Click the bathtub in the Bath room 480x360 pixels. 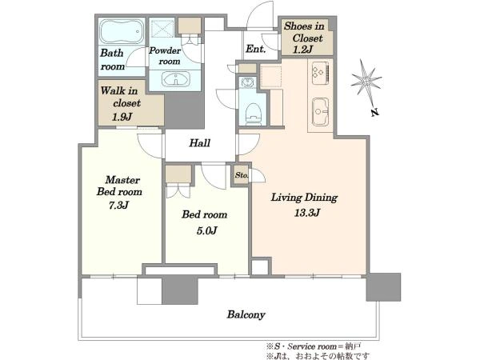point(122,31)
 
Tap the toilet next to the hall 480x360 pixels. point(254,114)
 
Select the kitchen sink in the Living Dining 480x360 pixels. point(320,112)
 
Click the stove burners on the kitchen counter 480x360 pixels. point(320,73)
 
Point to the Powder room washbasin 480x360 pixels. point(176,79)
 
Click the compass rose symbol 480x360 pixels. point(366,80)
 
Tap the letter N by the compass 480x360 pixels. point(375,112)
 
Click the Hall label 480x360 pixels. point(199,143)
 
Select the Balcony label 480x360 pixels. point(246,314)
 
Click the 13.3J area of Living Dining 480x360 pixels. point(307,213)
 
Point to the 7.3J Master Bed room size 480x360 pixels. point(118,205)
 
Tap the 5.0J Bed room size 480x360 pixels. point(206,230)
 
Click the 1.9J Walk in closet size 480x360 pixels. point(122,117)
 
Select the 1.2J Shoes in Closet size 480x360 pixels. point(302,50)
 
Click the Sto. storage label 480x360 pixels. point(242,175)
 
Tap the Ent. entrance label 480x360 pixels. point(256,49)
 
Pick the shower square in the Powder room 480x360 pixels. point(162,28)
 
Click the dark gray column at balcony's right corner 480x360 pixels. point(383,287)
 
